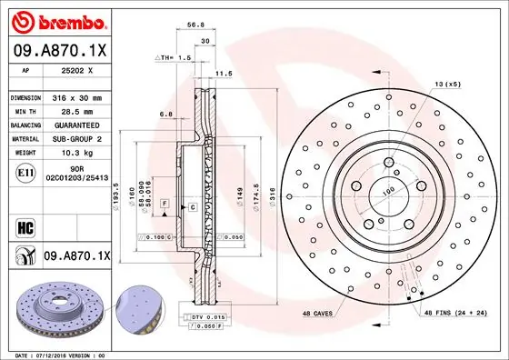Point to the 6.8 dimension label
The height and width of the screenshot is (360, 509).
(166, 114)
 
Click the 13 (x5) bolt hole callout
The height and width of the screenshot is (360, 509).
(448, 84)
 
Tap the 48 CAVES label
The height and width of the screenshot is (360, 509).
(318, 314)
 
